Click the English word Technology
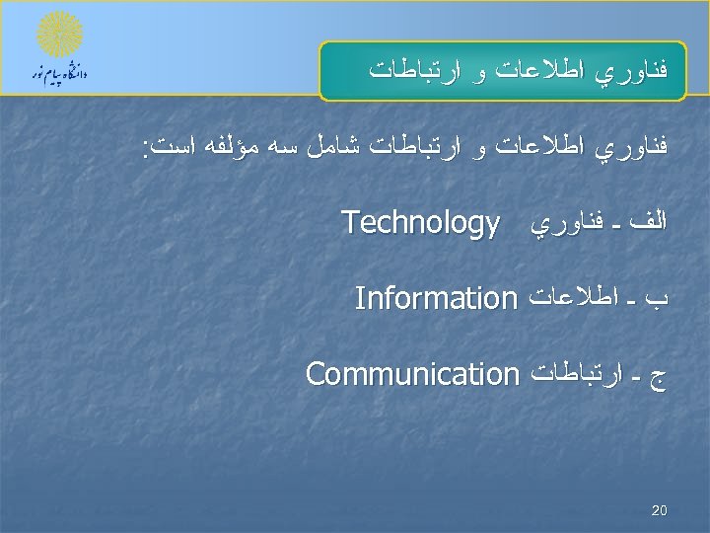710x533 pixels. click(x=420, y=226)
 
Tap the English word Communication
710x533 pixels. click(x=412, y=374)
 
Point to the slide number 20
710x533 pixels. click(x=660, y=511)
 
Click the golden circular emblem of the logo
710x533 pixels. click(x=60, y=36)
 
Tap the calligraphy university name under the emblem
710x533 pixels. click(x=60, y=75)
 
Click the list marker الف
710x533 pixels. click(x=650, y=225)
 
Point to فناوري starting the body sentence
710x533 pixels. click(x=636, y=150)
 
